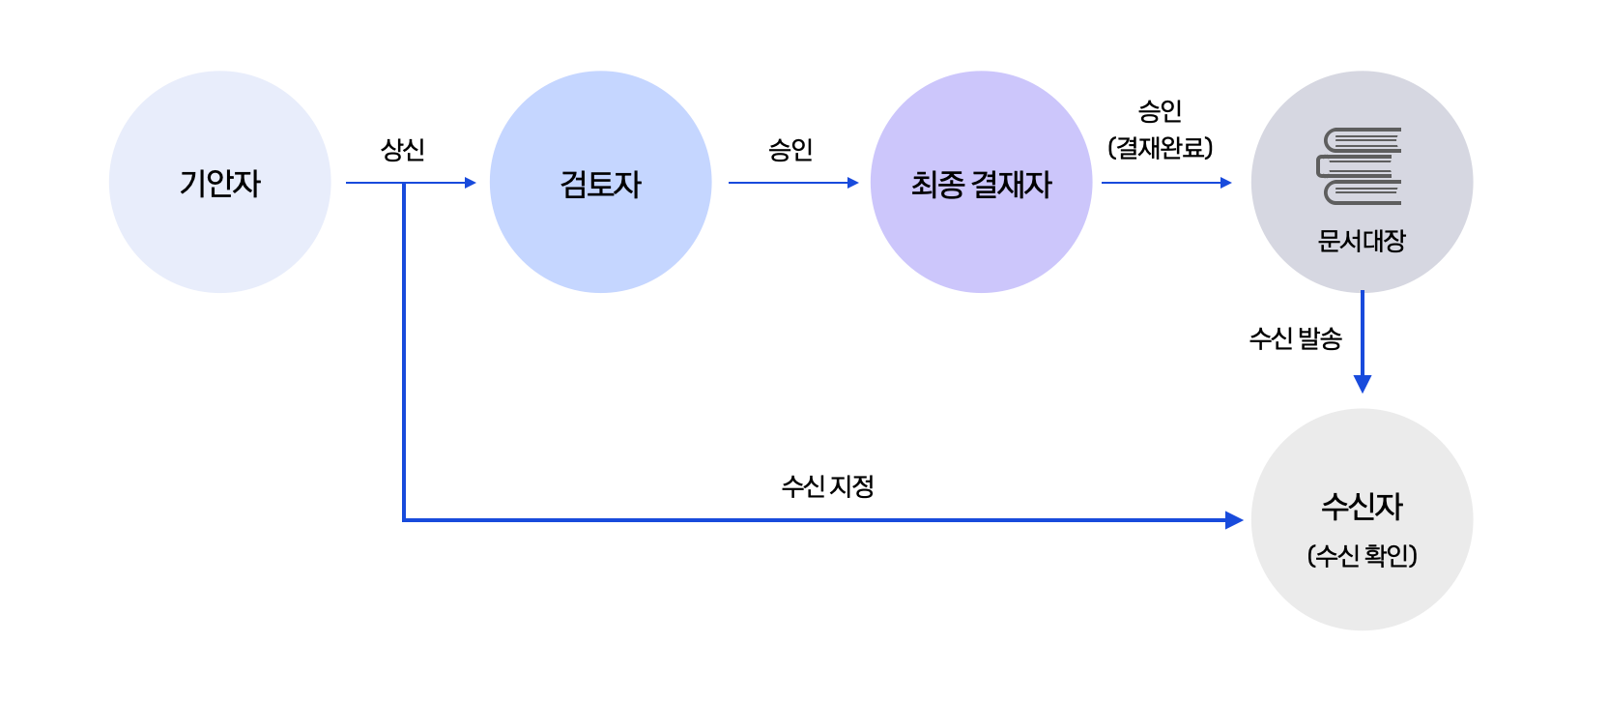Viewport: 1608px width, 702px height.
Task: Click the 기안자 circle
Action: pyautogui.click(x=220, y=182)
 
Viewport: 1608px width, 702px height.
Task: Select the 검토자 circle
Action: pyautogui.click(x=600, y=182)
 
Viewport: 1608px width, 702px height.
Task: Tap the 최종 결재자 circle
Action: pyautogui.click(x=981, y=182)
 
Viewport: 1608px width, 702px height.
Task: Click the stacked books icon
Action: pyautogui.click(x=1360, y=166)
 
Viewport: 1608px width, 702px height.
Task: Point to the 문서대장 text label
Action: pyautogui.click(x=1362, y=241)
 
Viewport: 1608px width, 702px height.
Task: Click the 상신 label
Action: pyautogui.click(x=403, y=150)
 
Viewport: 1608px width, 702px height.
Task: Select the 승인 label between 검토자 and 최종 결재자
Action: pyautogui.click(x=790, y=150)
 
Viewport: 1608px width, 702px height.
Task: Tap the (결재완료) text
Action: pyautogui.click(x=1160, y=148)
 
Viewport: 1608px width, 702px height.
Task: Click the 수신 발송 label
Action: pyautogui.click(x=1295, y=338)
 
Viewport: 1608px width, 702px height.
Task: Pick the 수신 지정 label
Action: pyautogui.click(x=828, y=485)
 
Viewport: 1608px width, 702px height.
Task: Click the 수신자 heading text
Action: pyautogui.click(x=1362, y=506)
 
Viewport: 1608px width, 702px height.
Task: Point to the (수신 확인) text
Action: pyautogui.click(x=1362, y=556)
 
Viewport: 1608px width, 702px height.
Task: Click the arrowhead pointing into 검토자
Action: pyautogui.click(x=471, y=183)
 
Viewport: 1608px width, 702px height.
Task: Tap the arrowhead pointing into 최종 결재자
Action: pyautogui.click(x=852, y=183)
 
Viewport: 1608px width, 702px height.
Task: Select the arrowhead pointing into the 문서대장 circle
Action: pyautogui.click(x=1226, y=183)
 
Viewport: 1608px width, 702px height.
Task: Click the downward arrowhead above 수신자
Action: pyautogui.click(x=1363, y=383)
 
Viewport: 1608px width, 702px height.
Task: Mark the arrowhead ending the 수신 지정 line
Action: pyautogui.click(x=1234, y=520)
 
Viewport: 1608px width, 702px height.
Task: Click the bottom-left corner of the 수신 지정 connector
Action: pyautogui.click(x=404, y=520)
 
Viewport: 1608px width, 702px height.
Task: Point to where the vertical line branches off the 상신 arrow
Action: pyautogui.click(x=404, y=183)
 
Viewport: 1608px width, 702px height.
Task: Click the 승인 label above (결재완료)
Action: pyautogui.click(x=1160, y=111)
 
